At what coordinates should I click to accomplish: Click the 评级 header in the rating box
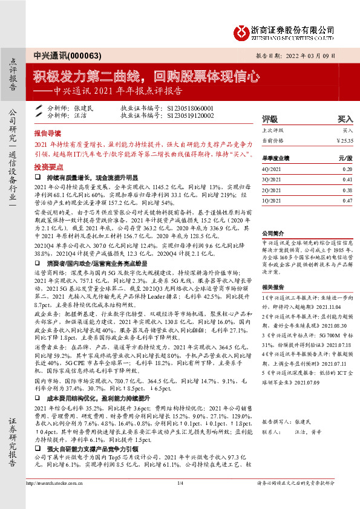tap(269, 119)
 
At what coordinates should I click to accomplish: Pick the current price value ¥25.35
tap(344, 140)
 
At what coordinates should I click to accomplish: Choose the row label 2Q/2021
tap(271, 189)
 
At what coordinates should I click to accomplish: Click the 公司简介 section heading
tap(272, 233)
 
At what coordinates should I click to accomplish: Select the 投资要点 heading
tap(48, 166)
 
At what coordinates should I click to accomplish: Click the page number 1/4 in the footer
tap(180, 501)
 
